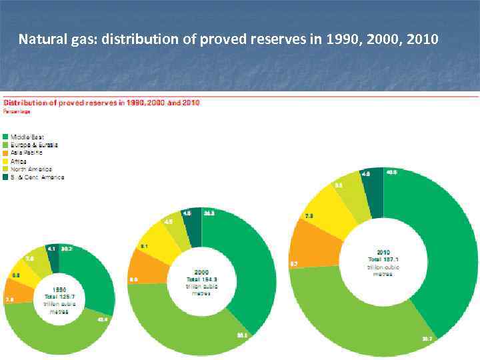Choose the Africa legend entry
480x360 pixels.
[x=20, y=161]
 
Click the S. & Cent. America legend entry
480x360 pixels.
[x=37, y=177]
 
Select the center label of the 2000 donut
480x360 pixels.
[x=202, y=281]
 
